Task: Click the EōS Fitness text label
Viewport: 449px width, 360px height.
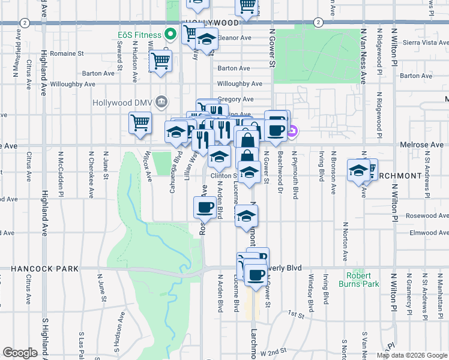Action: (139, 35)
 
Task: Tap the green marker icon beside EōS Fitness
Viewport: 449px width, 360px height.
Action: (170, 34)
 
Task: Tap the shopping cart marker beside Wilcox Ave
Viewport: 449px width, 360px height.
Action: (140, 123)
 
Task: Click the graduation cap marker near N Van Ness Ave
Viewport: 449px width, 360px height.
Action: (358, 170)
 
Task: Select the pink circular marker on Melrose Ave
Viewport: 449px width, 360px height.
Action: (292, 132)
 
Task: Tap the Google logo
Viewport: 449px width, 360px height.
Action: (19, 353)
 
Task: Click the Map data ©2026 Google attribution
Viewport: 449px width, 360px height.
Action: (412, 355)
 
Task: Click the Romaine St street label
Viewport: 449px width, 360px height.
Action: (67, 53)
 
